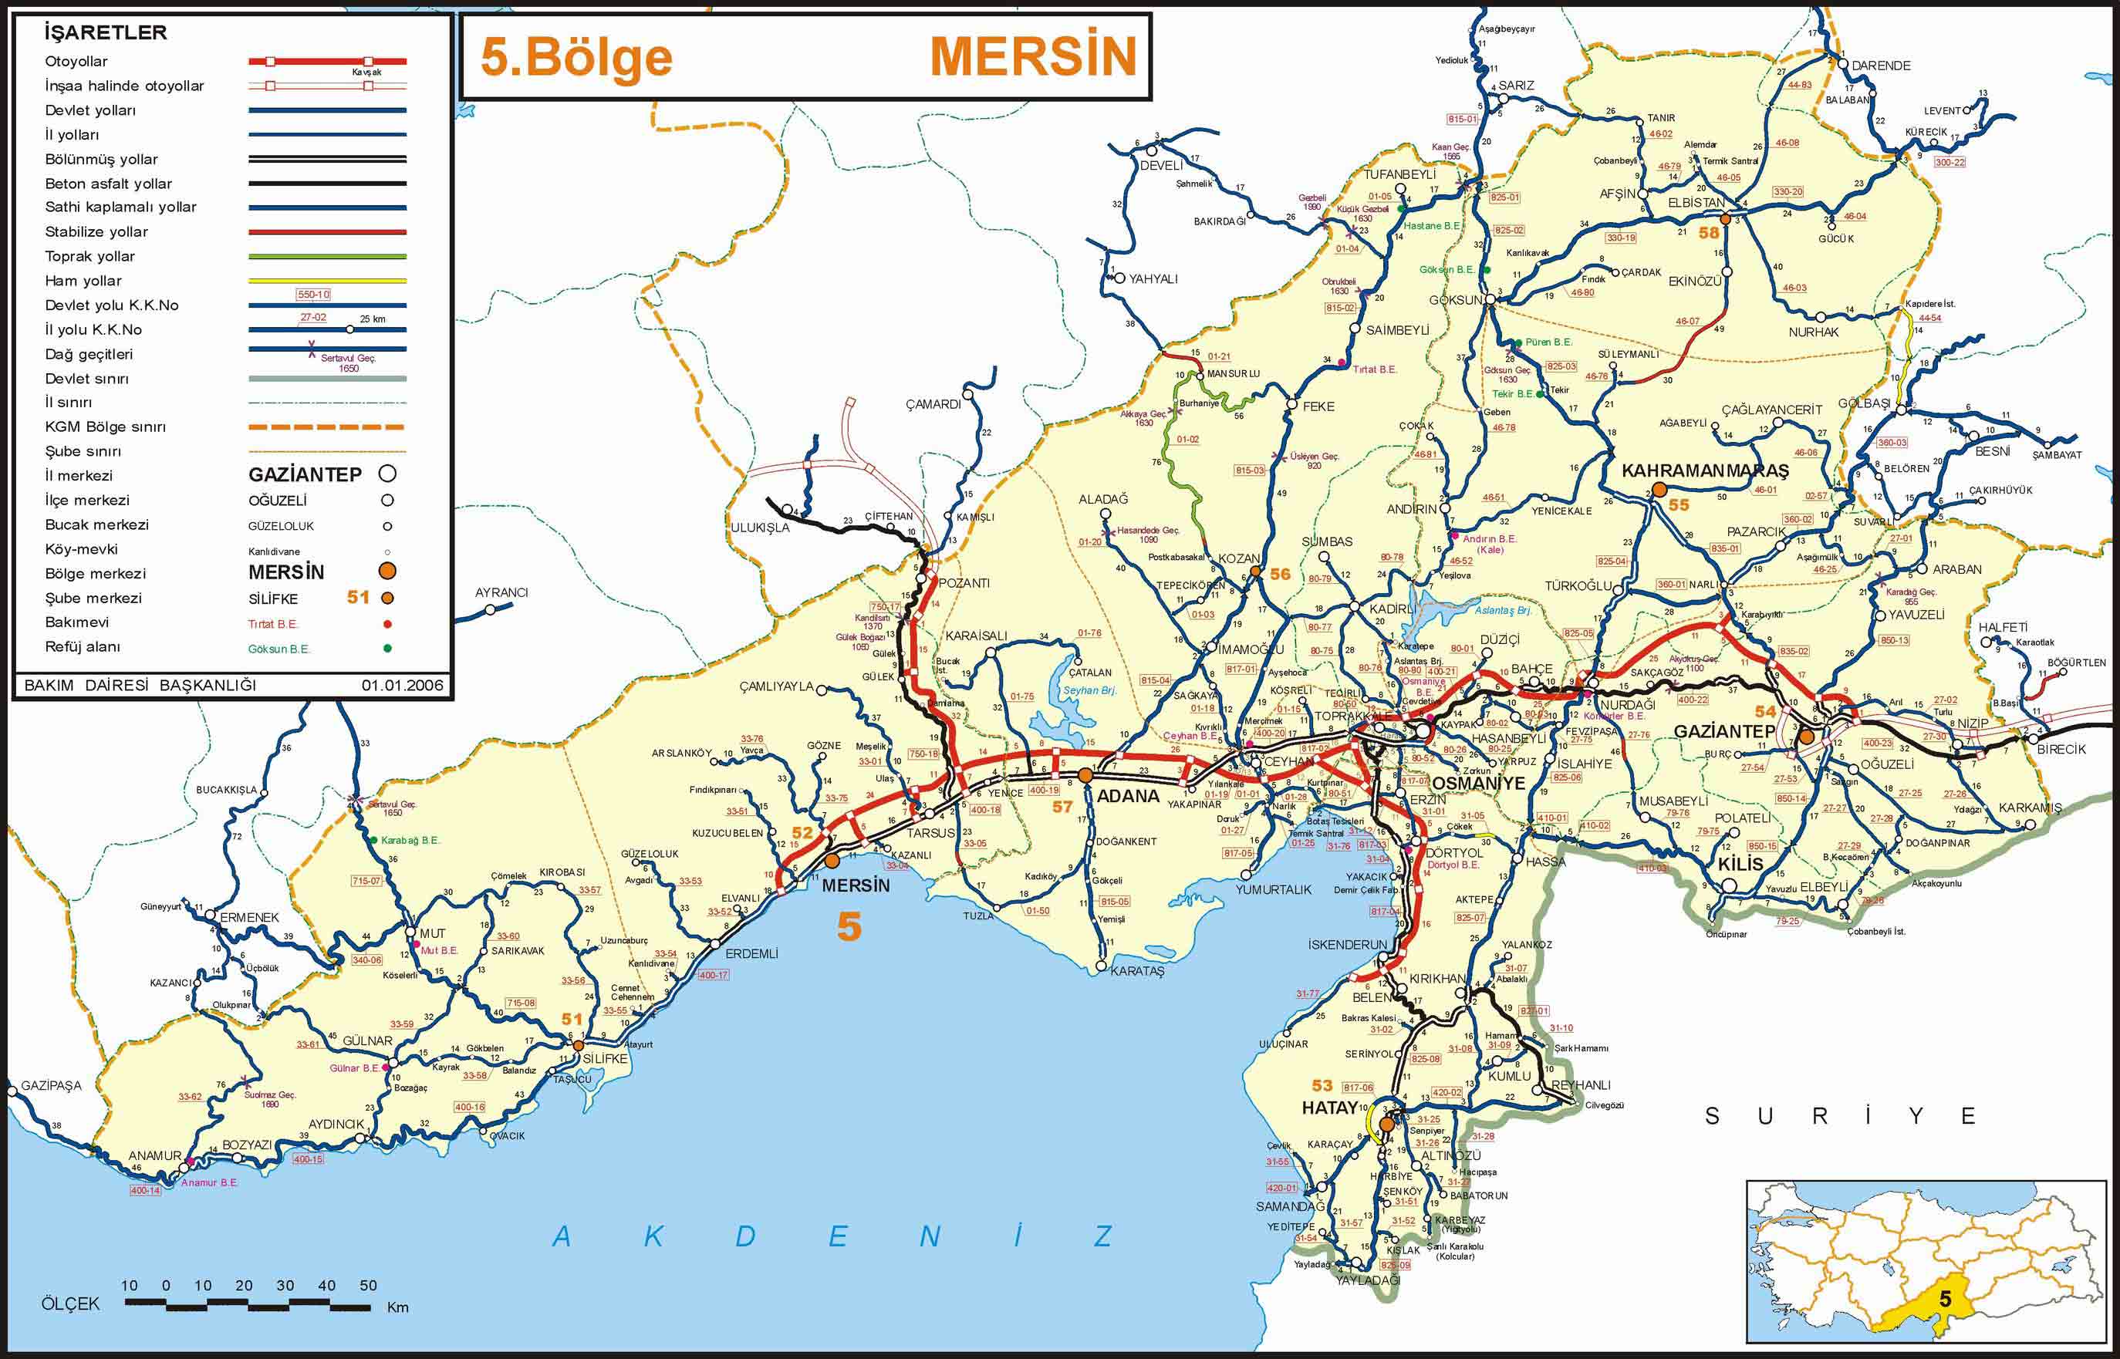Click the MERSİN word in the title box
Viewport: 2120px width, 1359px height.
[1033, 56]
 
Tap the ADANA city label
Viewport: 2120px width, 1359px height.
[1127, 795]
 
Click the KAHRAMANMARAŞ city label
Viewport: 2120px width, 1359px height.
[1705, 471]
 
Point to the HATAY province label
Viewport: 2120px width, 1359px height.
[1329, 1108]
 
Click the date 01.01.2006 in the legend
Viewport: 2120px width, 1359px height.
[402, 685]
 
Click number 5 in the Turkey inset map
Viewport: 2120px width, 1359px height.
[1945, 1324]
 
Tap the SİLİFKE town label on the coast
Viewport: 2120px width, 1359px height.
[605, 1059]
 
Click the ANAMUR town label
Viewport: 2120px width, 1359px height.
[154, 1155]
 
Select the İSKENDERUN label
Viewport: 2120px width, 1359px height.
[1348, 944]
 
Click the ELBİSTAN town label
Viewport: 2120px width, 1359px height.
[1696, 203]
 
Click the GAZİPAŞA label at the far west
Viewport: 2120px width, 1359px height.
[51, 1085]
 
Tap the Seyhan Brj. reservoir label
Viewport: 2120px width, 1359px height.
[1090, 690]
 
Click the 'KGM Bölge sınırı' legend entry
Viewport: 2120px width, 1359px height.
[105, 427]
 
